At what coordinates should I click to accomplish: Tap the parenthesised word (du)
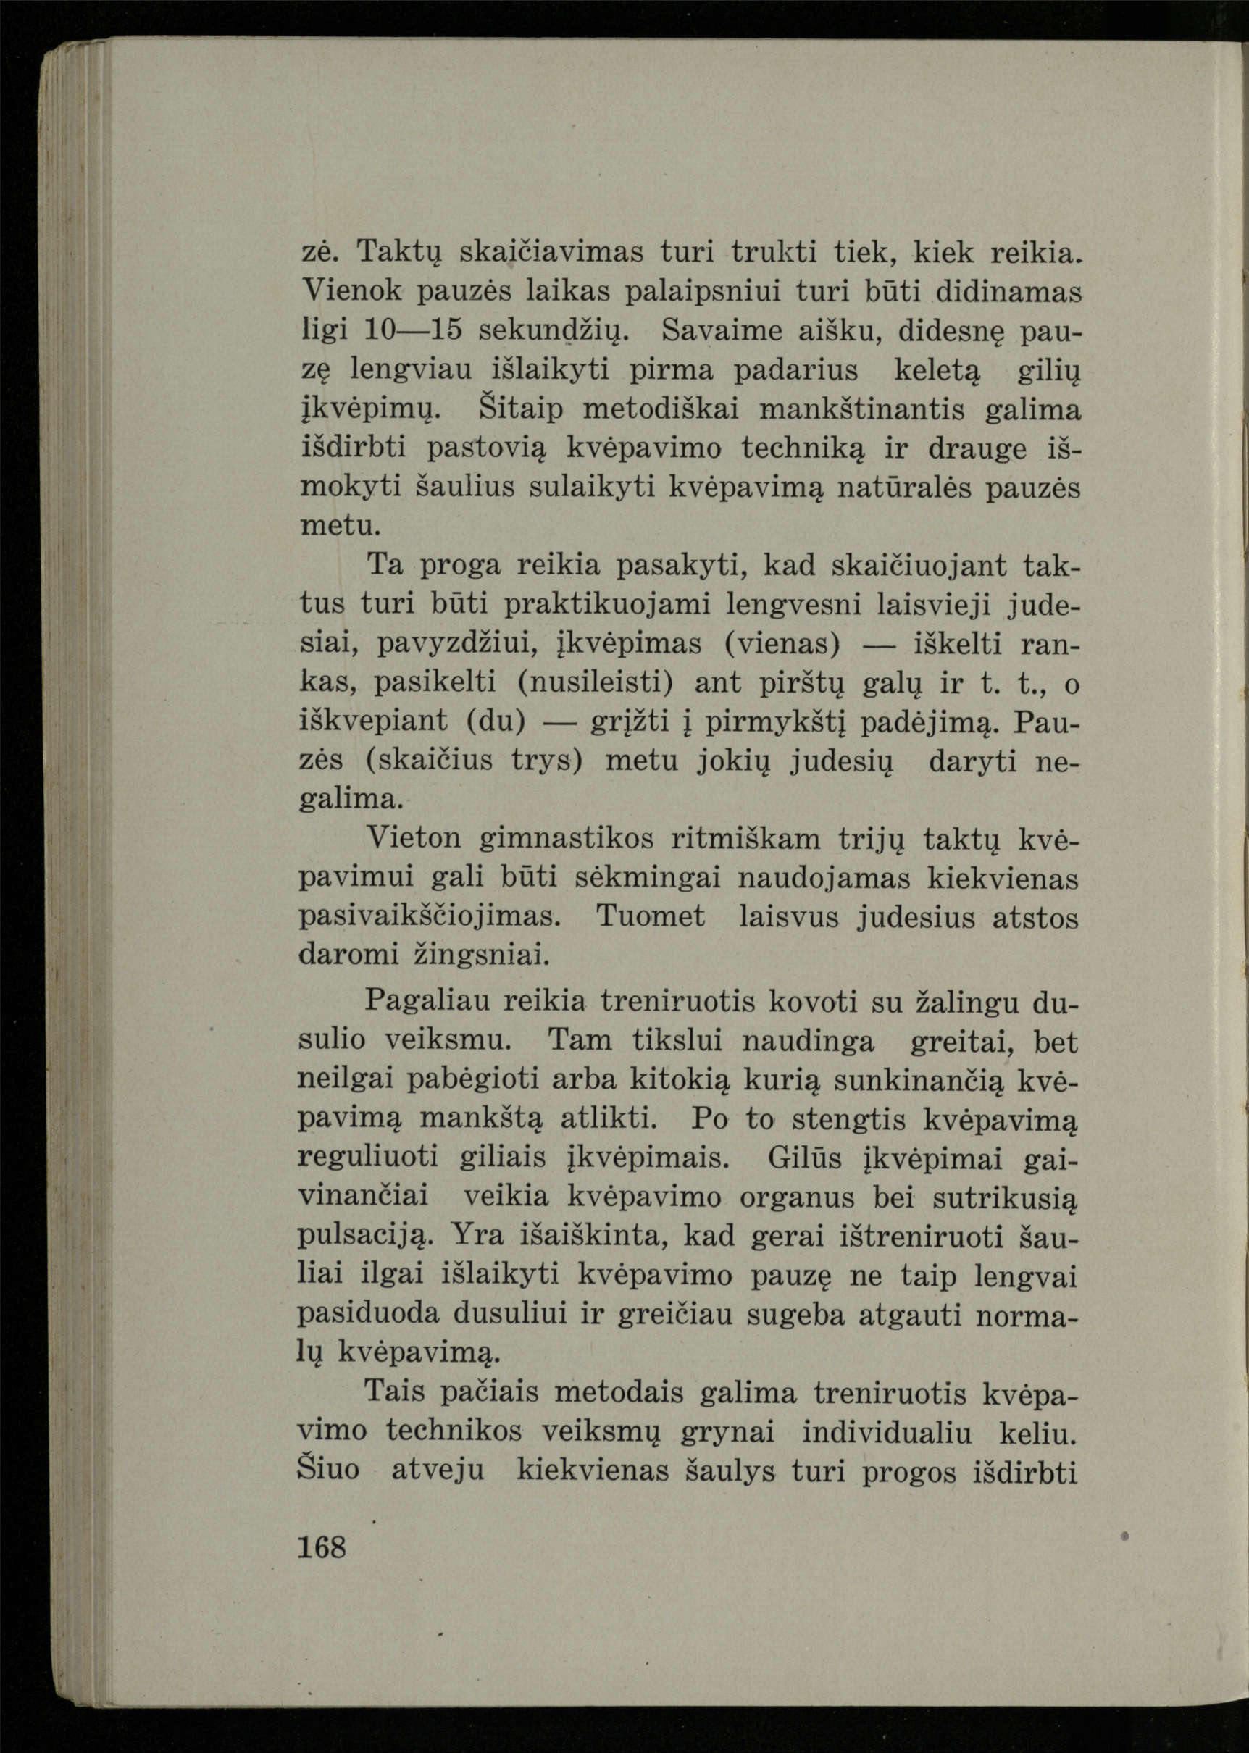[x=496, y=723]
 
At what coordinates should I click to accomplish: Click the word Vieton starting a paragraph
[x=414, y=840]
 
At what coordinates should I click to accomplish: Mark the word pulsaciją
[x=367, y=1238]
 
